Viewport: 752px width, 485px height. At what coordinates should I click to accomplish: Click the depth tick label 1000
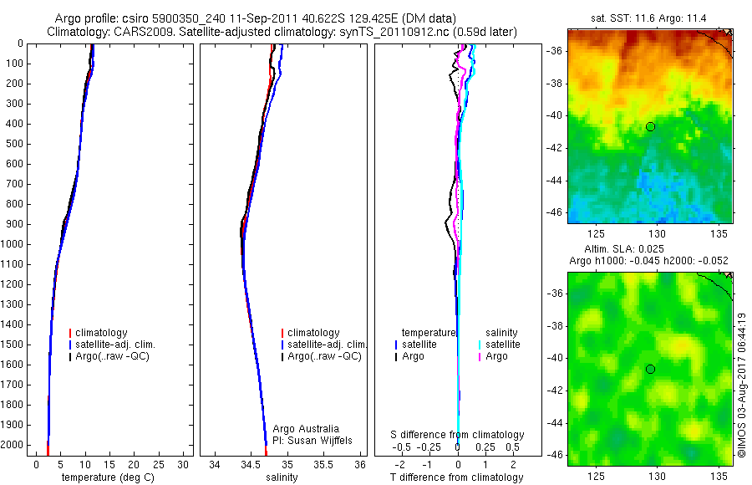13,244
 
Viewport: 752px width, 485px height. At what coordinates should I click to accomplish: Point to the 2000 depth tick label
13,445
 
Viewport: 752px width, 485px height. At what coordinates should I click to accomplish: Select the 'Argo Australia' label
306,429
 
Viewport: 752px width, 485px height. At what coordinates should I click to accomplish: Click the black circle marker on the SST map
650,126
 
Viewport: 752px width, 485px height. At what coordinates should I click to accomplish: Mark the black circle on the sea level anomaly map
650,369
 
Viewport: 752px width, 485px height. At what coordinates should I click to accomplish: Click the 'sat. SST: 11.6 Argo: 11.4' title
649,18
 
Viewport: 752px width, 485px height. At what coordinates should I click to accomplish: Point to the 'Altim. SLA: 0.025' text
649,250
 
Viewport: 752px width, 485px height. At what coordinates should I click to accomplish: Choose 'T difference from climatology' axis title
458,477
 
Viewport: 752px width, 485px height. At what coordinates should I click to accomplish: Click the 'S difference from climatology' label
458,435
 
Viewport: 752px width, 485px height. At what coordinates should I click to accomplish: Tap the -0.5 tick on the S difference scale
404,447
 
